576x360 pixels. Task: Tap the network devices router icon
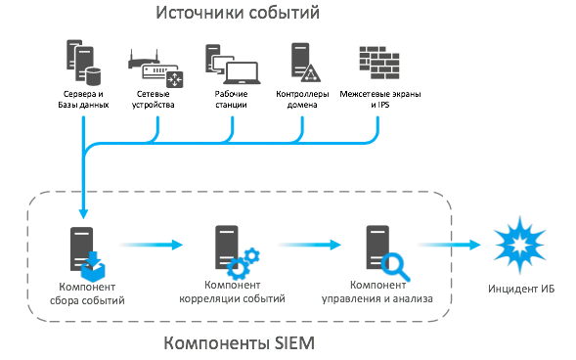tap(155, 69)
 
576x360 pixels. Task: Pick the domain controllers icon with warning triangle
tap(303, 62)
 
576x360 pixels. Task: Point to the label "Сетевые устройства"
tap(155, 98)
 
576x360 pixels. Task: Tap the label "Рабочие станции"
tap(231, 98)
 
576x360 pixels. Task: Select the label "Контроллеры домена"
tap(302, 98)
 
